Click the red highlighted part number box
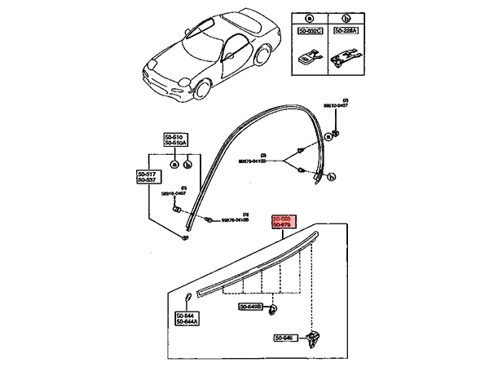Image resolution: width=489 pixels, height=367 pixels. [x=286, y=223]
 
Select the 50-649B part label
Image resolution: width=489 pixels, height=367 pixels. [x=249, y=307]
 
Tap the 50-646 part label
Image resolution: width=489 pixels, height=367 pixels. [x=284, y=338]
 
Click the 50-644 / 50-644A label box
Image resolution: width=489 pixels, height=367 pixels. [x=187, y=320]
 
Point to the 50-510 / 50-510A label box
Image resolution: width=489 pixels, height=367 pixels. [x=175, y=140]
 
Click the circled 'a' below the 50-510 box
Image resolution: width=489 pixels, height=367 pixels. [x=174, y=165]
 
